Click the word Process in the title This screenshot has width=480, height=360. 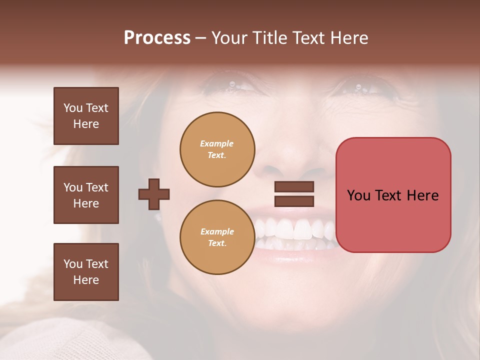pyautogui.click(x=157, y=38)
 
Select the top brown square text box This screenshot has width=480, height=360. pyautogui.click(x=86, y=116)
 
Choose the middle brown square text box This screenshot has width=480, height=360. pyautogui.click(x=86, y=195)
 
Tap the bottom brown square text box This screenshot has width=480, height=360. pyautogui.click(x=86, y=272)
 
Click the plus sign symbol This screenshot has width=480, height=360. pyautogui.click(x=154, y=194)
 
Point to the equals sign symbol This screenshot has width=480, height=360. pyautogui.click(x=294, y=194)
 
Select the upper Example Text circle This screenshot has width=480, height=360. pyautogui.click(x=217, y=149)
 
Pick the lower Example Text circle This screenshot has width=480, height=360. pyautogui.click(x=217, y=237)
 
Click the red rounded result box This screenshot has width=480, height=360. pyautogui.click(x=393, y=195)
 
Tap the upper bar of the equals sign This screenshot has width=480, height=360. pyautogui.click(x=294, y=187)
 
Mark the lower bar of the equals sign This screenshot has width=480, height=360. pyautogui.click(x=294, y=201)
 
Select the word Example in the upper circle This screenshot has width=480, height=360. pyautogui.click(x=217, y=143)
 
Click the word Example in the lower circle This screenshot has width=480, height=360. pyautogui.click(x=217, y=231)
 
